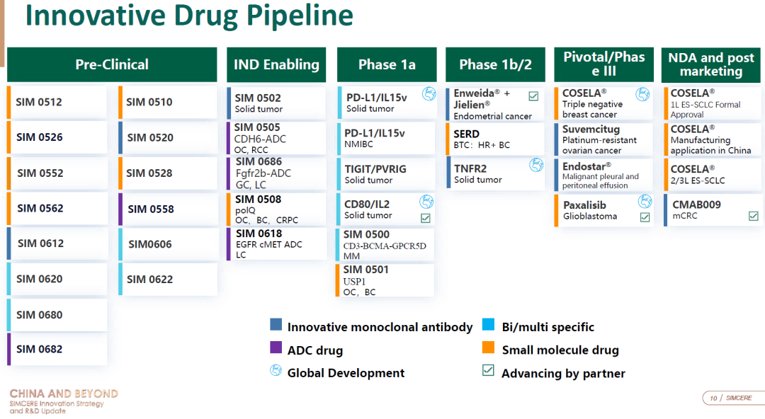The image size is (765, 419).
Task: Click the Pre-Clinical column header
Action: coord(112,64)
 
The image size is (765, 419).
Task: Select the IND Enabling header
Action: coord(276,64)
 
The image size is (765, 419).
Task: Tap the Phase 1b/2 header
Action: coord(495,64)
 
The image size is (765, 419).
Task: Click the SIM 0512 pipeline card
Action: coord(57,102)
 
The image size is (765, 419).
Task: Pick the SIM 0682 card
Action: coord(57,349)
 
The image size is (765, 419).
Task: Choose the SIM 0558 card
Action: coord(168,209)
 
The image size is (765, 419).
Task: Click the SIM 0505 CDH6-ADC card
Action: coord(276,138)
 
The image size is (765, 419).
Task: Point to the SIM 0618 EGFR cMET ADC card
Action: coord(276,244)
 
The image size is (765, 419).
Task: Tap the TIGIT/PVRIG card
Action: coord(385,173)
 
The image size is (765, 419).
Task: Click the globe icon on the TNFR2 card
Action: coord(536,166)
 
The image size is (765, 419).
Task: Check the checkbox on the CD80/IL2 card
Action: coord(426,218)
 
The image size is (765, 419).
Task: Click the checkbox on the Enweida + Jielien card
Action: coord(534,96)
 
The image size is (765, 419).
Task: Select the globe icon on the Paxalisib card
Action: coord(645,201)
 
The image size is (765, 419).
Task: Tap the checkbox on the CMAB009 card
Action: coord(753,216)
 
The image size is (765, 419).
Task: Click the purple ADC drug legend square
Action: coord(276,348)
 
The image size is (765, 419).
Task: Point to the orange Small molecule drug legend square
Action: coord(488,348)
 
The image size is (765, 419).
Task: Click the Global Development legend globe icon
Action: coord(276,371)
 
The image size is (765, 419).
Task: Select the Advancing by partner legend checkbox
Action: coord(488,370)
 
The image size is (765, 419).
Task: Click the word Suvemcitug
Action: coord(591,130)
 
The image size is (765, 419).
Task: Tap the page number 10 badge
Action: coord(714,398)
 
